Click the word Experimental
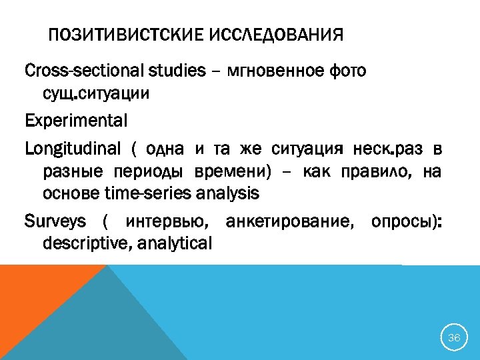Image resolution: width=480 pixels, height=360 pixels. (x=75, y=121)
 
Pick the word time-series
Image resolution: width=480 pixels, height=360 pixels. (x=147, y=194)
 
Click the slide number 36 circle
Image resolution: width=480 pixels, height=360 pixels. (x=454, y=338)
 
